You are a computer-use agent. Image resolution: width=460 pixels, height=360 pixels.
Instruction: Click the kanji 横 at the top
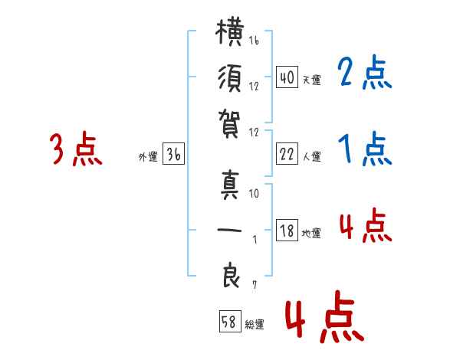[230, 32]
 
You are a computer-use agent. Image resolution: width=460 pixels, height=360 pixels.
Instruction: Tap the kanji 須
[230, 78]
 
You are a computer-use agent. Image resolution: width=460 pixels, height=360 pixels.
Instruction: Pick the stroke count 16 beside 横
[254, 40]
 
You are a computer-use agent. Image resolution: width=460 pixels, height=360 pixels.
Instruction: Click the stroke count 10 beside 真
[254, 193]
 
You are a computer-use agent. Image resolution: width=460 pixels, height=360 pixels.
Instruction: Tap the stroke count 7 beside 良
[255, 285]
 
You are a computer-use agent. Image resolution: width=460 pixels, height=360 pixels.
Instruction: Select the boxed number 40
[287, 77]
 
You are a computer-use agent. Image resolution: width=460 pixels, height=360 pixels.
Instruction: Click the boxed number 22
[287, 154]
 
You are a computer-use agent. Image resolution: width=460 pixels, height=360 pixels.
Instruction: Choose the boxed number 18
[287, 230]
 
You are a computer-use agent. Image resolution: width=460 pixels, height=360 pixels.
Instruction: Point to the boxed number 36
[173, 154]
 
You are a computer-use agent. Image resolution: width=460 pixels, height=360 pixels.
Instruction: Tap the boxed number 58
[230, 322]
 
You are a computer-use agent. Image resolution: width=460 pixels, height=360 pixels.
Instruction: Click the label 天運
[312, 80]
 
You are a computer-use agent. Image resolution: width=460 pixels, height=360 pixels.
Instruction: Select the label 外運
[148, 156]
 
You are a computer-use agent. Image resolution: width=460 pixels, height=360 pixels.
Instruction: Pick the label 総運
[255, 324]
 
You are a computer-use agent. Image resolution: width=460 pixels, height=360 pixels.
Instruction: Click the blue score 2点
[365, 72]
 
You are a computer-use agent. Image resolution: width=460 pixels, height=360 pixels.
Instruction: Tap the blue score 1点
[365, 149]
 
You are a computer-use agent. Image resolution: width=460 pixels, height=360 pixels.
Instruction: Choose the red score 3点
[76, 149]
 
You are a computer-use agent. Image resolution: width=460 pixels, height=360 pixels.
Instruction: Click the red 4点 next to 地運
[366, 225]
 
